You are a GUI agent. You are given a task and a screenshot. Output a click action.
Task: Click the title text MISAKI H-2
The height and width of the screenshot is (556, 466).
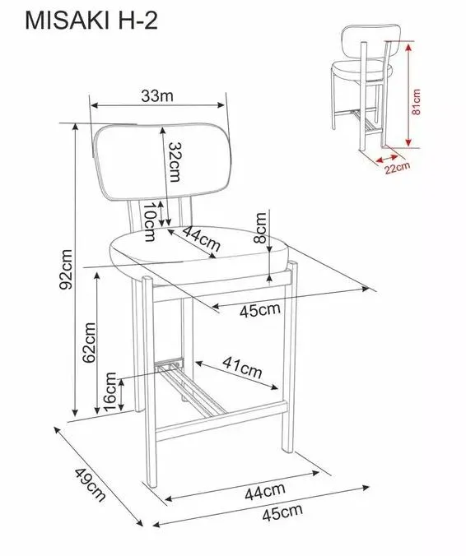tap(91, 21)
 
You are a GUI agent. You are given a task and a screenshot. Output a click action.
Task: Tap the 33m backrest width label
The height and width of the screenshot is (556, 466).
tap(157, 95)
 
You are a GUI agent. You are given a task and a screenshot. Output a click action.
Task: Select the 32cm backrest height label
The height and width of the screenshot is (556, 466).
tap(175, 162)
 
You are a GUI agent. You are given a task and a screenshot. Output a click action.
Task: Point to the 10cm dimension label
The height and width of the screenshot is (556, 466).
tap(149, 222)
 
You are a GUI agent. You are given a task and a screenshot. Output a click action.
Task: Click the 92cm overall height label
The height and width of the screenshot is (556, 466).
tap(67, 270)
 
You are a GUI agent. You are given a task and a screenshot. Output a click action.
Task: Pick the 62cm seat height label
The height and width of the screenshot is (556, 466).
tap(89, 342)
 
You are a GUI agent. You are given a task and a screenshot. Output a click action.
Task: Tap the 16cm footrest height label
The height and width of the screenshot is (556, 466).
tap(110, 392)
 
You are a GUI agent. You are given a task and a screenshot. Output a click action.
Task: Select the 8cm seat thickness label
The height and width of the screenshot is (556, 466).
tap(260, 228)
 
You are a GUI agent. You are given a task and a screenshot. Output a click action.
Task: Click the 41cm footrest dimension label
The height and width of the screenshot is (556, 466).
tap(242, 368)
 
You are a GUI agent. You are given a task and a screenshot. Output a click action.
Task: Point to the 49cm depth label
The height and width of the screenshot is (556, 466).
tap(90, 484)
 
